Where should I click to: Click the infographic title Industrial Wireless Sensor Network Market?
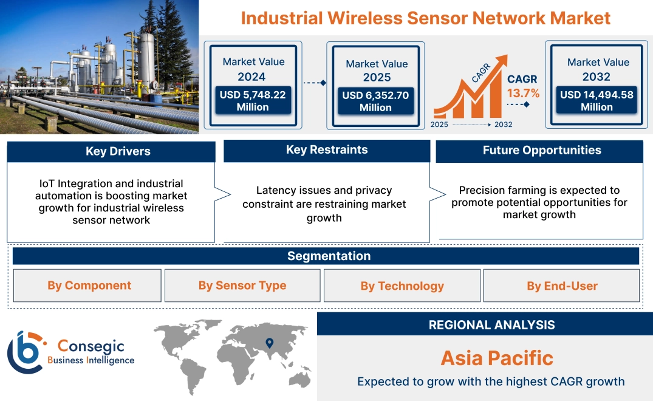[x=425, y=18]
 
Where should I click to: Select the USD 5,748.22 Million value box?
[x=252, y=101]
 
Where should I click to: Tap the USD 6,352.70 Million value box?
[x=375, y=101]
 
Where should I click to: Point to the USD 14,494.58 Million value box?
[x=597, y=101]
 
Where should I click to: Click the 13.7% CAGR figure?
[x=523, y=94]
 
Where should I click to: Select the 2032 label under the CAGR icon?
[x=503, y=125]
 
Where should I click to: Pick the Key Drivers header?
[x=118, y=151]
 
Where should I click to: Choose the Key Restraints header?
[x=327, y=150]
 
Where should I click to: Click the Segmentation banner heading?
[x=329, y=256]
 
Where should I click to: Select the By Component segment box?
[x=89, y=286]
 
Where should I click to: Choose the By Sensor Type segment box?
[x=242, y=286]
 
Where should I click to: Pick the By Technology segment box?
[x=402, y=286]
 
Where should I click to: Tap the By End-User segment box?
[x=562, y=286]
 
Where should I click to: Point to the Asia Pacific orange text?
[x=497, y=358]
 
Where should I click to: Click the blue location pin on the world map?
[x=270, y=343]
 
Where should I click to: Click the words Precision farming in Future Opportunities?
[x=497, y=191]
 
